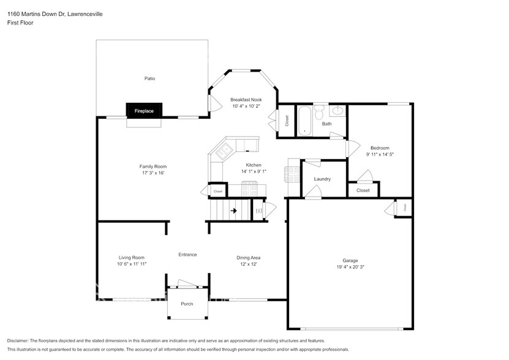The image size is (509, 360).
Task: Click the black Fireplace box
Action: coord(144,111)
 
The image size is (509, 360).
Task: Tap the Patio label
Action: coord(149,78)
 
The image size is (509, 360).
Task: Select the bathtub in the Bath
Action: coord(305,121)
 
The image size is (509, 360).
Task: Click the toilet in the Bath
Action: coord(319,111)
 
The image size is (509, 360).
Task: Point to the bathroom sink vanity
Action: coord(337,110)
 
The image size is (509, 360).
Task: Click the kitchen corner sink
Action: coord(224,151)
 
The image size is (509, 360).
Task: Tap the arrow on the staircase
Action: coord(233,211)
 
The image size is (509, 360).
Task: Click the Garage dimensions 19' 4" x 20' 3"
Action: coord(350,267)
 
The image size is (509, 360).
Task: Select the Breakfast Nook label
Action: coord(246,100)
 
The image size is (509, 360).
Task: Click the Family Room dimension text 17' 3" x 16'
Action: coord(153,173)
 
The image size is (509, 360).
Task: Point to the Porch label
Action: coord(187,304)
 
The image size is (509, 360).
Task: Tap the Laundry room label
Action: coord(322,179)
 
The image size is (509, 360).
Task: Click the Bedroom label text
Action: coord(380,148)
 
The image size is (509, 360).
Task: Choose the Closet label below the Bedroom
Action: coord(363,190)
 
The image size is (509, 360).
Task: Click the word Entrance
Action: coord(187,255)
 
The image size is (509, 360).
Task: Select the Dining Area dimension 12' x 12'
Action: coord(248,264)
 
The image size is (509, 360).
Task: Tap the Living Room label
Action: coord(132,258)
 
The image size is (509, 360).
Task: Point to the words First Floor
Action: coord(20,23)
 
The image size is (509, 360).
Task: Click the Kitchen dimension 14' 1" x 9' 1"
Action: coord(254,171)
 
